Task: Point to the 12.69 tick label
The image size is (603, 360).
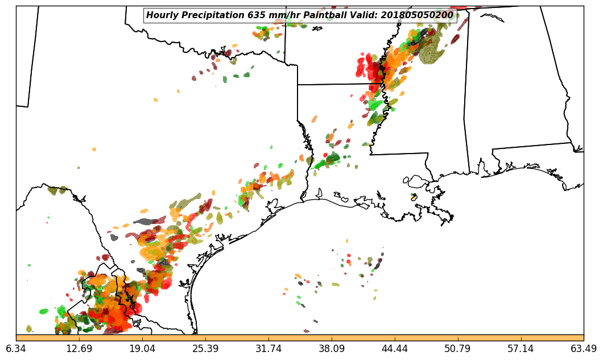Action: coord(79,349)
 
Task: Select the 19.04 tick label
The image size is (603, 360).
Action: coord(142,349)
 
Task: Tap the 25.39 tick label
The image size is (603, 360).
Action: coord(205,349)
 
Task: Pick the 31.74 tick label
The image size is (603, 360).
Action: coord(269,349)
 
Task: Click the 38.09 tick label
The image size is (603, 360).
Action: coord(332,349)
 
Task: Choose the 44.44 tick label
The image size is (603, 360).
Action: coord(395,349)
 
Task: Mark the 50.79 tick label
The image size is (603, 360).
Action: coord(457,349)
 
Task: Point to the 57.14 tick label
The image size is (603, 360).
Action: coord(521,349)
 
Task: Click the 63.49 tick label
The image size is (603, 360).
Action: coord(584,349)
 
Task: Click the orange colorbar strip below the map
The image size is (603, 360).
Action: coord(300,338)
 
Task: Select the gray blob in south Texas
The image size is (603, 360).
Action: coord(147,221)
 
